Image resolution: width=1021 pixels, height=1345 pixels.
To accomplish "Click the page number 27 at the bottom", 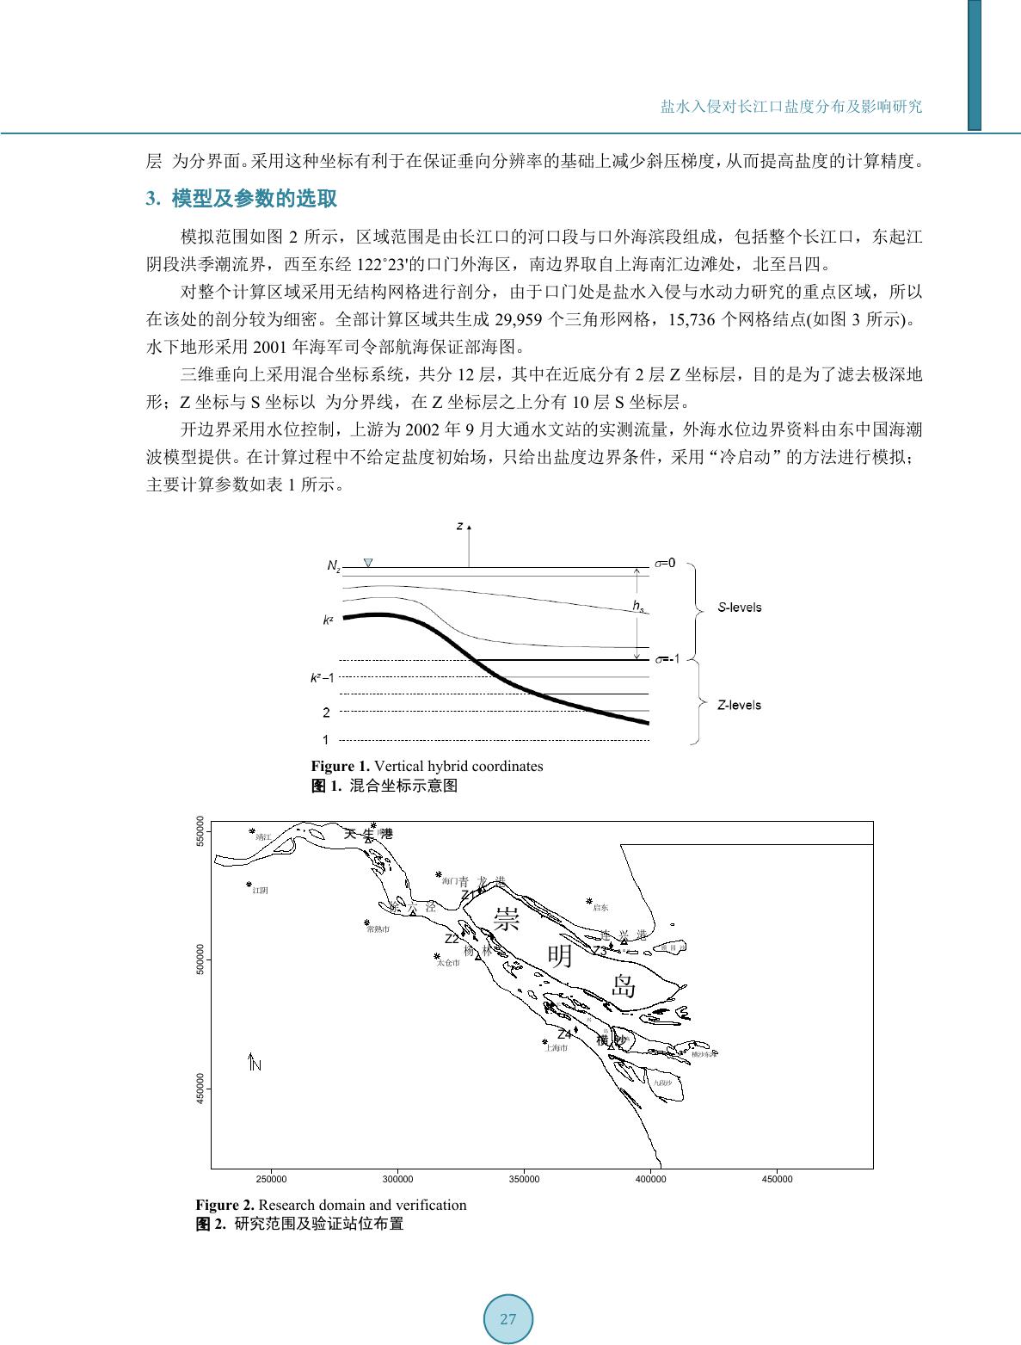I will click(508, 1319).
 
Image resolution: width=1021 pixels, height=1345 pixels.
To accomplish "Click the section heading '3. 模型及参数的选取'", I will click(242, 200).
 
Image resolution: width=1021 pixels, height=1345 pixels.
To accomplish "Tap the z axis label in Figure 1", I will click(460, 525).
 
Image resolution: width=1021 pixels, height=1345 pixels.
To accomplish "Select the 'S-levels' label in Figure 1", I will click(740, 608).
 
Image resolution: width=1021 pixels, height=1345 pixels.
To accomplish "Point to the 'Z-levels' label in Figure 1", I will click(740, 706).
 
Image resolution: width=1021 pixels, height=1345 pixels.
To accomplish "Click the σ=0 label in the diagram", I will click(665, 563).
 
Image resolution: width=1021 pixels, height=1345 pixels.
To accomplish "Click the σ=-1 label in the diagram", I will click(667, 659).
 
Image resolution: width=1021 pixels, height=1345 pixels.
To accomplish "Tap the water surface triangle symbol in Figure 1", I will click(368, 563).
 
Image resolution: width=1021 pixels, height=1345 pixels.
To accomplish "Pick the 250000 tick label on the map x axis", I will click(272, 1180).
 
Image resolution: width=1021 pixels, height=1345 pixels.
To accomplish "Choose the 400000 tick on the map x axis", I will click(650, 1180).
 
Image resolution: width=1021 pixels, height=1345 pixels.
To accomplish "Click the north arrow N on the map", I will click(255, 1063).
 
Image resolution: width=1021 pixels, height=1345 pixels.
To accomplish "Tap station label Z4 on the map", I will click(565, 1033).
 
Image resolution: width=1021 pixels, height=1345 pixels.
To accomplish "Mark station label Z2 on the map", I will click(452, 939).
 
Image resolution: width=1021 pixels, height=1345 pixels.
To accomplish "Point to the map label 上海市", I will click(557, 1048).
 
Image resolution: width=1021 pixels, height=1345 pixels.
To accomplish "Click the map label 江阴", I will click(260, 891).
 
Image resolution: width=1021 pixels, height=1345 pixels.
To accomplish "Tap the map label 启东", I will click(600, 908).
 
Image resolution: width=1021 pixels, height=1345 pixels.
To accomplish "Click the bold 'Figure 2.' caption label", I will click(225, 1205).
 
